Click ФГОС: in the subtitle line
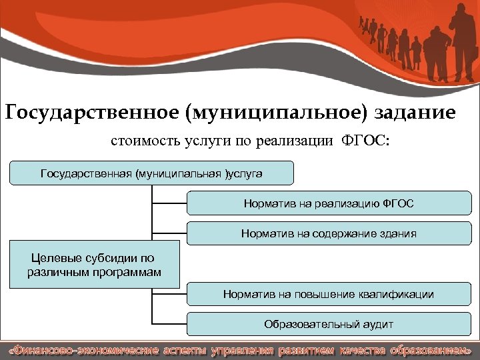pos(367,141)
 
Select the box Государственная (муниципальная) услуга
pos(152,173)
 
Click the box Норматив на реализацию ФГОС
pos(329,203)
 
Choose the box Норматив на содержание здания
pos(329,233)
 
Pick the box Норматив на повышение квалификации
pos(329,294)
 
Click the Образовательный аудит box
pos(329,324)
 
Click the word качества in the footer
pos(359,350)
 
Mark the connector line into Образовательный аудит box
pos(169,324)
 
